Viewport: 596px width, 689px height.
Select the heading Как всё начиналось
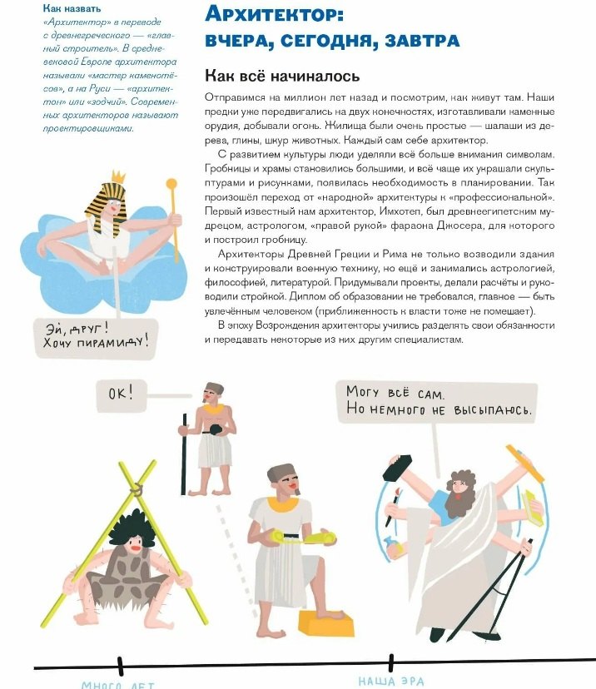[282, 76]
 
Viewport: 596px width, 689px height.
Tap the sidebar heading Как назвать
[72, 8]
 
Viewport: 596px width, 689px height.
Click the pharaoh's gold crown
[117, 176]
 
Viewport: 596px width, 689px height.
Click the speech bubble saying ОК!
[122, 391]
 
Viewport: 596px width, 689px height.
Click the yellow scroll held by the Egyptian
[307, 539]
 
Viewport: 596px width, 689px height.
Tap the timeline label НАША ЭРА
[390, 682]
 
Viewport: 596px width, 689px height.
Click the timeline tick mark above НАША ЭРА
[390, 663]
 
